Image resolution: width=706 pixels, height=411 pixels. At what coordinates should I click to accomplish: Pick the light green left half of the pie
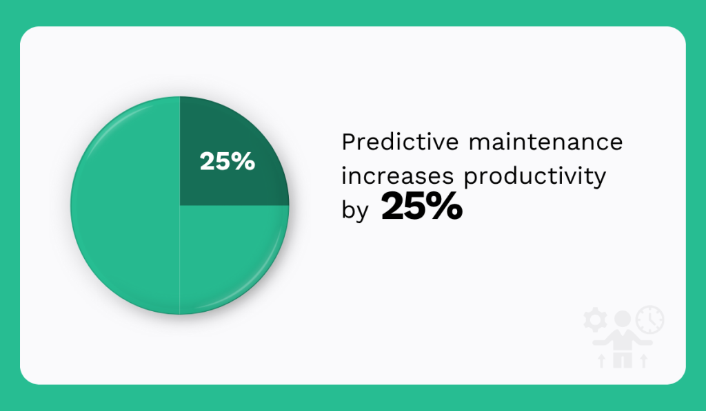click(x=124, y=207)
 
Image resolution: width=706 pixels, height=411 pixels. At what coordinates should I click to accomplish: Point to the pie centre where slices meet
click(x=180, y=205)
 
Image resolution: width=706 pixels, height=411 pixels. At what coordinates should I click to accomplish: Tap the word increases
click(x=397, y=176)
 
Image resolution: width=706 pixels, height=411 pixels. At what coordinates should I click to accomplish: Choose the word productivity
click(x=534, y=177)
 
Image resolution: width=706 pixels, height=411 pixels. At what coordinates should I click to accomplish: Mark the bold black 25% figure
click(x=421, y=207)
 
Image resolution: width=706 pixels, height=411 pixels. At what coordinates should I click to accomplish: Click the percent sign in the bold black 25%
click(x=444, y=207)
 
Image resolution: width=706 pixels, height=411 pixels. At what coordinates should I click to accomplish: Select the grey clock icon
click(x=649, y=319)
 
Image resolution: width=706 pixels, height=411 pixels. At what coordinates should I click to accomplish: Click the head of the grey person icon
click(x=623, y=319)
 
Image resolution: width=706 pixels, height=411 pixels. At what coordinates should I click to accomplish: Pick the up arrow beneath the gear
click(x=601, y=360)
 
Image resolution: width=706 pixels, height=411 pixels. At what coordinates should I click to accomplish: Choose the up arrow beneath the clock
click(x=644, y=360)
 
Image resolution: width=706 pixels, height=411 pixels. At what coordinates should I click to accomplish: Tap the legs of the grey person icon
click(x=623, y=359)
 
